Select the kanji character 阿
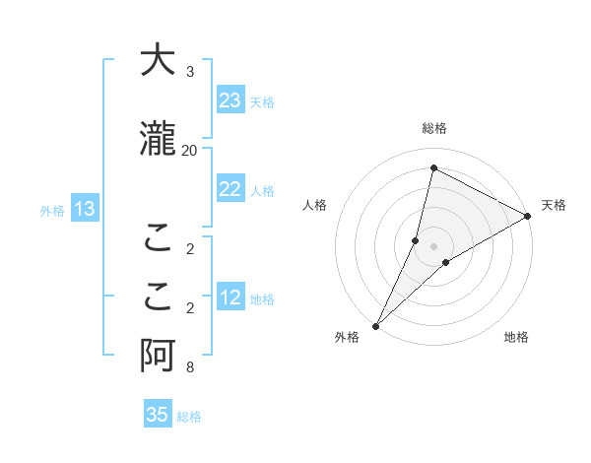point(157,358)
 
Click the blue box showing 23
point(230,100)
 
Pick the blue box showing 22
point(230,190)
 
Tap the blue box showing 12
point(230,298)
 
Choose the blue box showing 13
point(85,208)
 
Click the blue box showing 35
point(158,415)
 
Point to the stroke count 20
point(190,150)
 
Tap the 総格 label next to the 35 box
point(189,417)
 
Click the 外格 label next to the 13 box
point(52,210)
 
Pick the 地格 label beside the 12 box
point(262,299)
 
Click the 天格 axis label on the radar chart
point(554,205)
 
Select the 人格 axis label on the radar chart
point(314,205)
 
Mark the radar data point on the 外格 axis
point(375,325)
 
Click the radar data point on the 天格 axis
point(527,216)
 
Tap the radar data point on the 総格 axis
point(433,167)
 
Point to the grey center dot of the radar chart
point(434,246)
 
